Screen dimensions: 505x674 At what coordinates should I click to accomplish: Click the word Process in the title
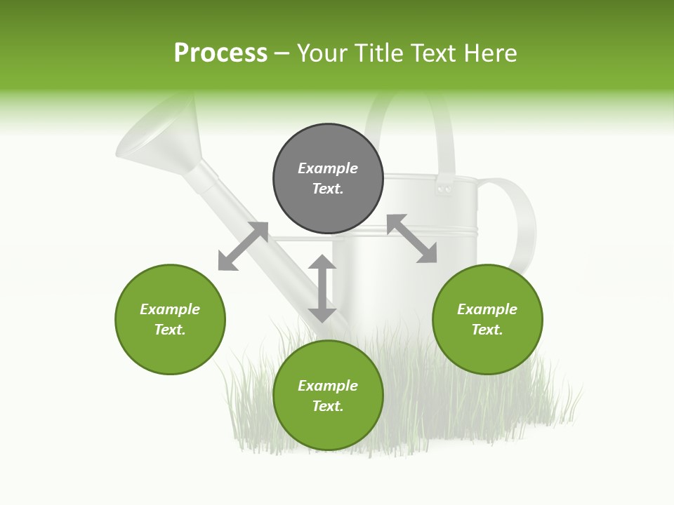[x=220, y=53]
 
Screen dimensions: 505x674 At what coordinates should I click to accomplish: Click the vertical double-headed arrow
[x=322, y=288]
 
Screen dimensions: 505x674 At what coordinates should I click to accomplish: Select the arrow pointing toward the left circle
[x=243, y=246]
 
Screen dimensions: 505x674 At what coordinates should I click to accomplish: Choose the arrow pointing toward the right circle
[x=412, y=238]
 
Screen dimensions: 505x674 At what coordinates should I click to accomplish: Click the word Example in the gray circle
[x=328, y=168]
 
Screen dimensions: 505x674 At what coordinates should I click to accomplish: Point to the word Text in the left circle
[x=170, y=330]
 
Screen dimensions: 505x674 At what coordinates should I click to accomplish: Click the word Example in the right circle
[x=487, y=309]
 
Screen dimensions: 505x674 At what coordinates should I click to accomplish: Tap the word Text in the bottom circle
[x=328, y=407]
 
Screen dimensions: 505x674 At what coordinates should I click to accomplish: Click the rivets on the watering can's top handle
[x=444, y=189]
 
